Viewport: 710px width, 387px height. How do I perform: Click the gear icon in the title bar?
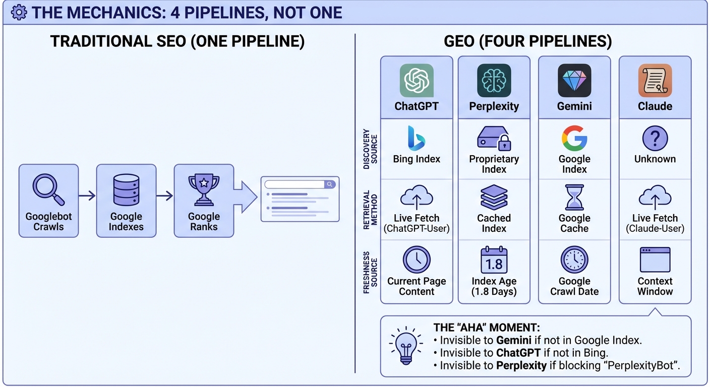[19, 13]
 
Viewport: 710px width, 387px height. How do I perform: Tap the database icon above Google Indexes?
[126, 189]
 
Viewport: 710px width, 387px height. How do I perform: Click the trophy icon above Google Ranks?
[204, 189]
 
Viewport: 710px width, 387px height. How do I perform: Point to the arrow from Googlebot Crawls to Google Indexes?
[87, 195]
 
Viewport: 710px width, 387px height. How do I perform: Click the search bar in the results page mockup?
[300, 184]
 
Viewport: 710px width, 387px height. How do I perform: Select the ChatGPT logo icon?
[417, 80]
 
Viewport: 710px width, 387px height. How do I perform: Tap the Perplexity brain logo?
[494, 80]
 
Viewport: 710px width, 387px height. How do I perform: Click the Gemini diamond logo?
[574, 80]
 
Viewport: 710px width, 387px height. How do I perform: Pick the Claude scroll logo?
[655, 80]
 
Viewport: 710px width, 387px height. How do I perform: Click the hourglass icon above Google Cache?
[574, 197]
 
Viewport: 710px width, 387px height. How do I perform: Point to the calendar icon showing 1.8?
[494, 260]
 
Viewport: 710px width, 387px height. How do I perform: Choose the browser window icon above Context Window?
[655, 260]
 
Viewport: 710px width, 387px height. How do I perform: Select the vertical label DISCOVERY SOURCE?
[370, 149]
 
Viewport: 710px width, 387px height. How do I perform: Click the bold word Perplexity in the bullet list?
[521, 366]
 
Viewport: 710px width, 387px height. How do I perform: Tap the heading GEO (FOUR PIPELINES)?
[528, 41]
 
